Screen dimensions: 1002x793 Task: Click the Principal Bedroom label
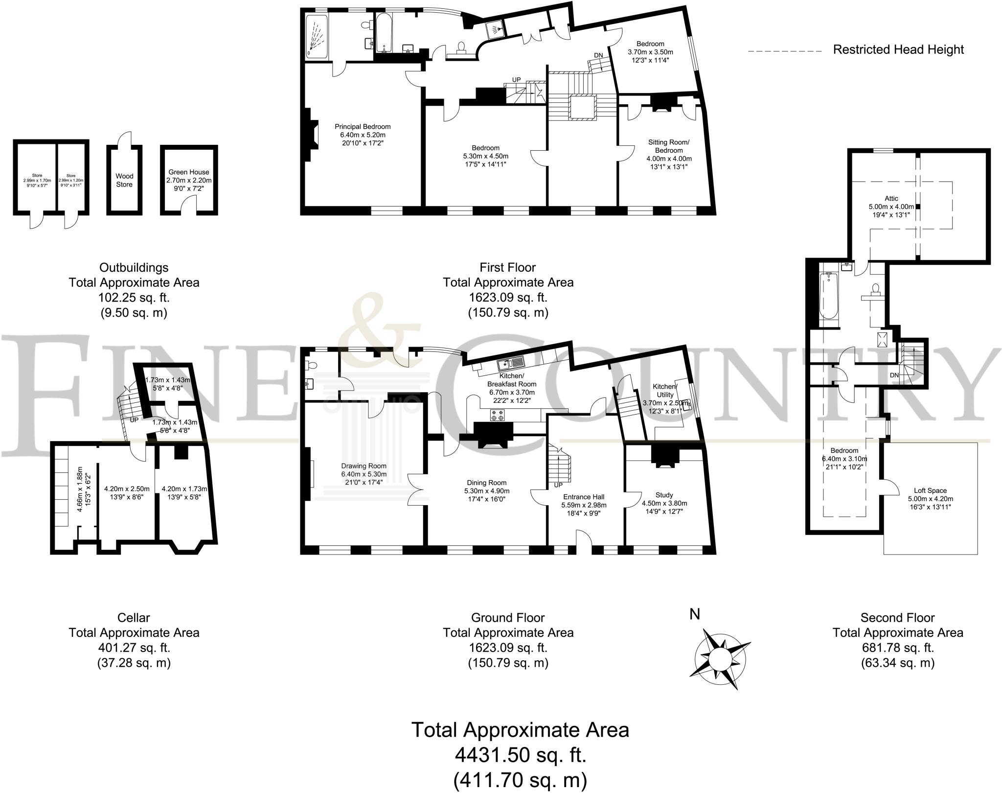point(363,126)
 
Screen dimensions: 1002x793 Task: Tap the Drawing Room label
point(364,466)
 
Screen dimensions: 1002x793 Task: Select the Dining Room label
point(486,483)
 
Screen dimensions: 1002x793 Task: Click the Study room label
point(664,495)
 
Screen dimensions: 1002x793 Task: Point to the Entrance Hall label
point(584,497)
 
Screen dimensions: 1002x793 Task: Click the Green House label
point(188,172)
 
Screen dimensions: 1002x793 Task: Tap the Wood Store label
point(124,180)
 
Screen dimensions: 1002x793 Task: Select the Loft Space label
point(930,490)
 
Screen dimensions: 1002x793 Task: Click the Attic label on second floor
point(891,198)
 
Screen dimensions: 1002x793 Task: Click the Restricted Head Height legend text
point(898,49)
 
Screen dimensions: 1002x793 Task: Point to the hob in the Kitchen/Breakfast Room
point(498,416)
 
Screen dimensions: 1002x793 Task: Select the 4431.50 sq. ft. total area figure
point(521,755)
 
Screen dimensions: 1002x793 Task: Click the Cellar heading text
point(134,618)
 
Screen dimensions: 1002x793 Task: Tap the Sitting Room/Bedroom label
point(668,146)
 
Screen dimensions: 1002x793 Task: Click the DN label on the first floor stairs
point(598,55)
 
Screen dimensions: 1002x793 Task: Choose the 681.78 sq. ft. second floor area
point(898,648)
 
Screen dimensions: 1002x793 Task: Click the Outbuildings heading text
point(134,268)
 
